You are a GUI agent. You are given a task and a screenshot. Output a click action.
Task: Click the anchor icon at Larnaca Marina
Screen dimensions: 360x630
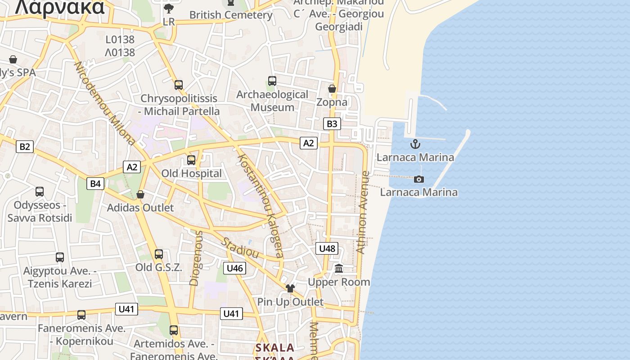(415, 144)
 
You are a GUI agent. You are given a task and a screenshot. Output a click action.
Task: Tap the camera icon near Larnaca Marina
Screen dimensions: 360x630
(419, 179)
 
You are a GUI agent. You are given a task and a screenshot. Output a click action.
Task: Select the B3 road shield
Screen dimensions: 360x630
(332, 124)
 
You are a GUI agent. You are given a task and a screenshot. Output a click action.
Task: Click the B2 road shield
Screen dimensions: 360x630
(25, 146)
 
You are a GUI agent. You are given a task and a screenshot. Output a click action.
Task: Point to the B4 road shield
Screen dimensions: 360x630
(95, 183)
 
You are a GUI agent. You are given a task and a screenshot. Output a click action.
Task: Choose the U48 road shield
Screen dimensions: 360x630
(327, 248)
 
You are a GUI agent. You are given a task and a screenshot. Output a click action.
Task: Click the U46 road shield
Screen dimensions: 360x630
(234, 268)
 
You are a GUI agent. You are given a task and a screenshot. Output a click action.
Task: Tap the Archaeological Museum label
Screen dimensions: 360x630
(272, 101)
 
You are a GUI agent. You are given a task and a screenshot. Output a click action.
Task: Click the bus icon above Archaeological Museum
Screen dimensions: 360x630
(272, 81)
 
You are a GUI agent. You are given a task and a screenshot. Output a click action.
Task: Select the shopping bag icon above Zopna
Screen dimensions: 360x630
(332, 89)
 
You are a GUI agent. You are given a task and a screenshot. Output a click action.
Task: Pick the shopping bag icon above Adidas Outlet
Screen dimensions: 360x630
(140, 194)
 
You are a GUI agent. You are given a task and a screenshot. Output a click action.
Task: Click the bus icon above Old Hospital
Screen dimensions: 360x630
(191, 160)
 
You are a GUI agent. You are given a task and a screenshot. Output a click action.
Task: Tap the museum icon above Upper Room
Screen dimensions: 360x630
(339, 269)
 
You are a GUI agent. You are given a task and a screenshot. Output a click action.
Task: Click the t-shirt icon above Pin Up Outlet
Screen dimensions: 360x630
(290, 288)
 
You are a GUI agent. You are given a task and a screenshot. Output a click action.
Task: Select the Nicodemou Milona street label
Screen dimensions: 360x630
(105, 103)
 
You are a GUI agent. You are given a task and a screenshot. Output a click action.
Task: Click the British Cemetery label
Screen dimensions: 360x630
(231, 15)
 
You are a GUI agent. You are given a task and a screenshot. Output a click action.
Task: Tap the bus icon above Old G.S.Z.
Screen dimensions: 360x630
(159, 254)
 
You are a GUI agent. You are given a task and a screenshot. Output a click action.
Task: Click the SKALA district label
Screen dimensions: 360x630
(275, 348)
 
